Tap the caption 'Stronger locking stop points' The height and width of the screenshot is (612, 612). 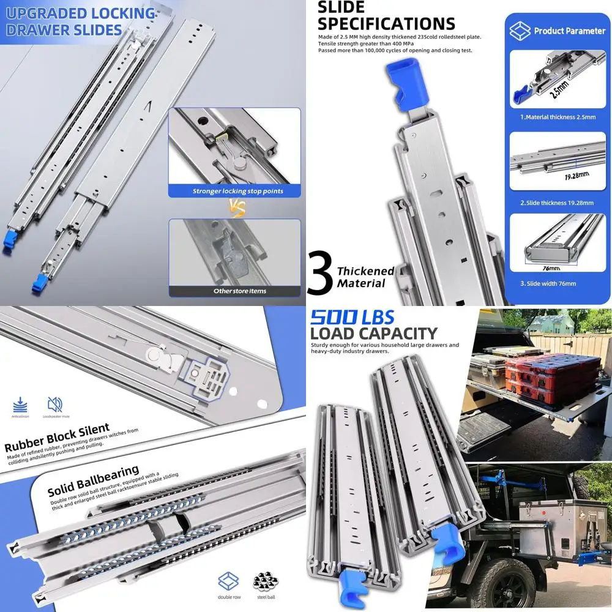tap(238, 191)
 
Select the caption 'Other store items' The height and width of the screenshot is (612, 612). tap(240, 291)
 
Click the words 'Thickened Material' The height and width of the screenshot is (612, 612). tap(365, 277)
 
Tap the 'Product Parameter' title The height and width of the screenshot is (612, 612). tap(569, 31)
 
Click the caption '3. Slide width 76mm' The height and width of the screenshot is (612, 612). tap(548, 283)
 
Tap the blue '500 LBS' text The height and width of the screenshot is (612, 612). tap(352, 317)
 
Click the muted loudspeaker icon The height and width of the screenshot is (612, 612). tap(54, 404)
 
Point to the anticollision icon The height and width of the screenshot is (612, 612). tap(20, 404)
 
